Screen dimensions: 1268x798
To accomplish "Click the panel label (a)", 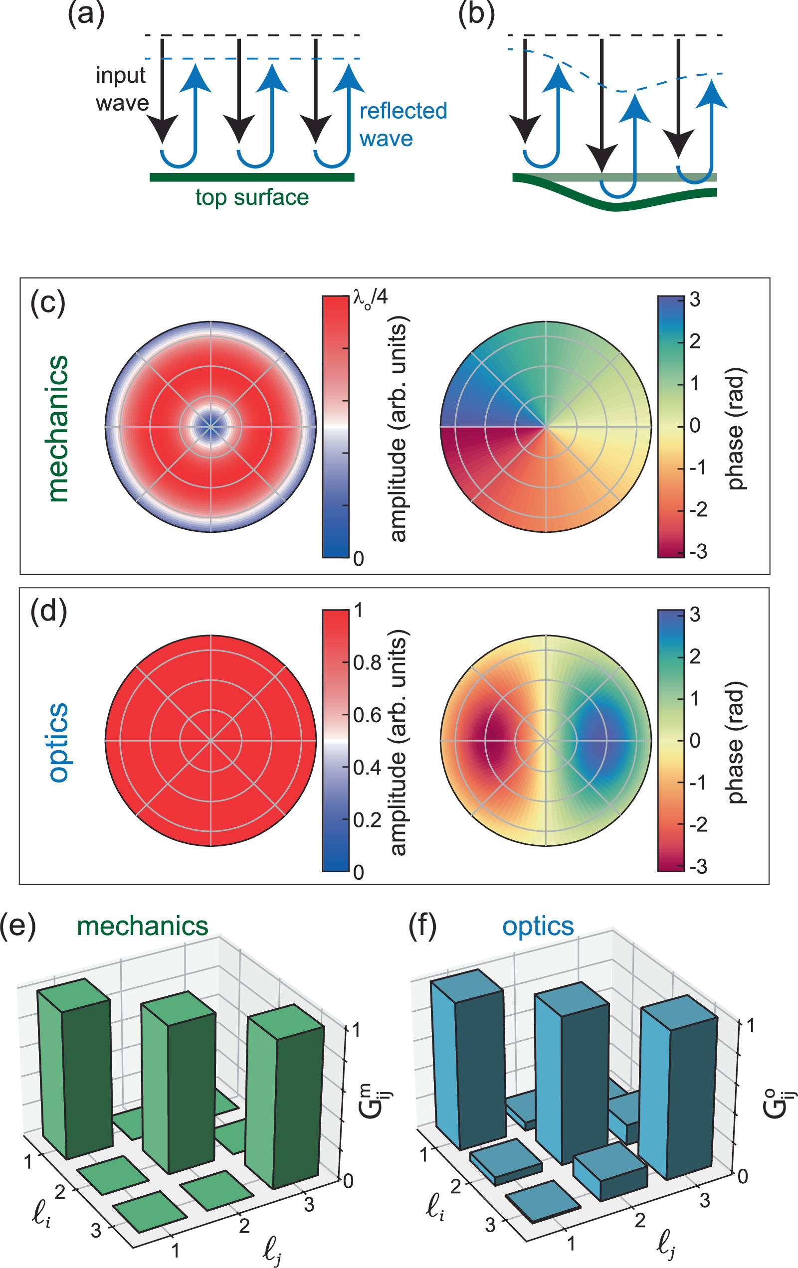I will click(x=86, y=14).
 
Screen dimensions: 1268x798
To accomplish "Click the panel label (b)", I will click(x=476, y=14).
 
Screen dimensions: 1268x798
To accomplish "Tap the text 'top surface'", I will click(x=252, y=197).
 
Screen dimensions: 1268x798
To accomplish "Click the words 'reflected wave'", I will click(x=402, y=125).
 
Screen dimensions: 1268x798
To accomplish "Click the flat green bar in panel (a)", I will click(x=252, y=177).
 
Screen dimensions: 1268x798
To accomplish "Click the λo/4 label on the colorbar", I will click(x=370, y=298).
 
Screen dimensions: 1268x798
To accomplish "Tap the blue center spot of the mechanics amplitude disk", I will click(x=211, y=427).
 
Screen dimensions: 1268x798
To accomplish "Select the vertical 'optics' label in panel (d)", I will click(x=58, y=742).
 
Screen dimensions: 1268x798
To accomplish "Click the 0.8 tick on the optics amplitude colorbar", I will click(x=367, y=663).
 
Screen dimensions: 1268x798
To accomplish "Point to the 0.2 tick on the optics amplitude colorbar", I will click(x=367, y=820).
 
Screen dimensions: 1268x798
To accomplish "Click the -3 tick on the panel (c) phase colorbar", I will click(x=698, y=551).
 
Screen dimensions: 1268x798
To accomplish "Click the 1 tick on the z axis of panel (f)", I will click(x=750, y=1025).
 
